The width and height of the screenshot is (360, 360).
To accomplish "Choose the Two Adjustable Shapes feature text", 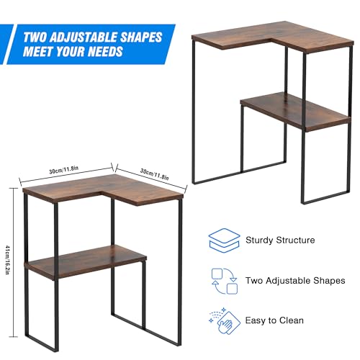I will [295, 280].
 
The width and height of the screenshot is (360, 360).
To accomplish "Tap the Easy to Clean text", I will [274, 320].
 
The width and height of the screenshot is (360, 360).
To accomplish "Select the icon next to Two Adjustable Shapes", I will [224, 280].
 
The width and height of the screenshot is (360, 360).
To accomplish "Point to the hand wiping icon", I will [223, 320].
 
